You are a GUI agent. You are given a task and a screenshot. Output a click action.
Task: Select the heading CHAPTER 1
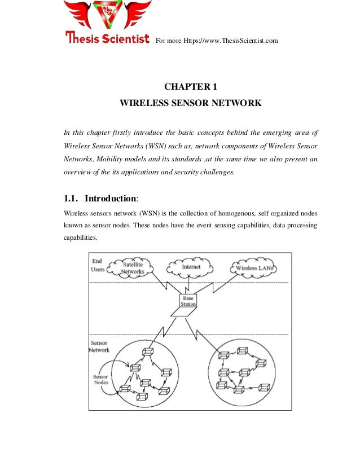click(190, 87)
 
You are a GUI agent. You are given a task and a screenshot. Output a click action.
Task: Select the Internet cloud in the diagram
click(188, 265)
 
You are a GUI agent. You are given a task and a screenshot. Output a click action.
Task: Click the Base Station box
click(188, 301)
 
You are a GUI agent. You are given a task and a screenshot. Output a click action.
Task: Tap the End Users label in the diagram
click(98, 266)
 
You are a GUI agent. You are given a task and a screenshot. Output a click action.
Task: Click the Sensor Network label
click(100, 346)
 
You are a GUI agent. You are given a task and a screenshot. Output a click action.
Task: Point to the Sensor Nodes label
click(100, 379)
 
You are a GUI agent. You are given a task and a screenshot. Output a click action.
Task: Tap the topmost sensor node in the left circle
click(148, 352)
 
